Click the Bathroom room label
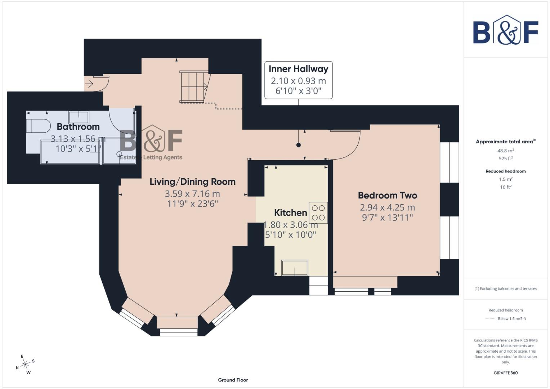[x=78, y=127]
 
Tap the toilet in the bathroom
[x=38, y=126]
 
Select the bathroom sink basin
[x=79, y=117]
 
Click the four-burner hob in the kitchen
[x=318, y=213]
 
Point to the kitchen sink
[x=295, y=268]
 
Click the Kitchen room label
[x=290, y=213]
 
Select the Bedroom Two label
[x=387, y=195]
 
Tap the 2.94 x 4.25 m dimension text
[x=387, y=207]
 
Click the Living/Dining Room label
[x=192, y=182]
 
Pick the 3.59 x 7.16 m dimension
[x=192, y=194]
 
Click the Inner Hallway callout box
[x=298, y=80]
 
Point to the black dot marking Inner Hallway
[x=298, y=145]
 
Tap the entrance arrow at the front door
[x=89, y=84]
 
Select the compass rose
[x=25, y=365]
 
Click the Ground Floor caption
[x=233, y=380]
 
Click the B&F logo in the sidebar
[x=505, y=31]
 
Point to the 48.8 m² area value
[x=506, y=151]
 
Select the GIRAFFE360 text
[x=505, y=373]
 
